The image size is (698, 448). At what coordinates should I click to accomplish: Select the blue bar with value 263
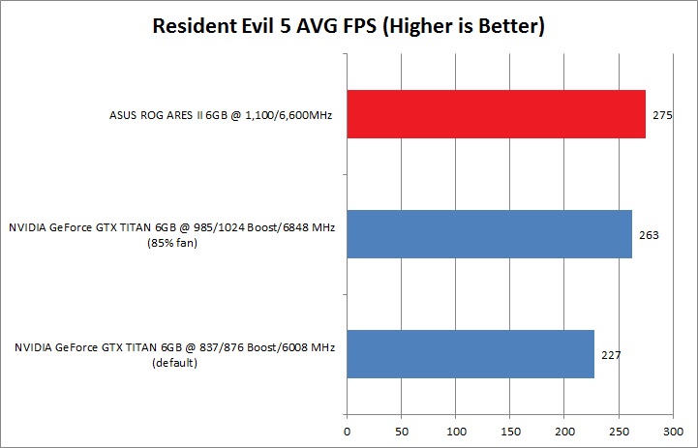click(489, 234)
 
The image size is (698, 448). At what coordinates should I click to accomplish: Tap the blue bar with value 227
click(470, 354)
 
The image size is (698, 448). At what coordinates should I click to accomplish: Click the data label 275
click(662, 114)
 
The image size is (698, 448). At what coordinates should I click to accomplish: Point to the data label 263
click(649, 234)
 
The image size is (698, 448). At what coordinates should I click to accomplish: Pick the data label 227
click(610, 354)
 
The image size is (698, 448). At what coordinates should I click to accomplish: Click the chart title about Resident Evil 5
click(349, 27)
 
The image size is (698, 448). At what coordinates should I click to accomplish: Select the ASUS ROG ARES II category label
click(222, 115)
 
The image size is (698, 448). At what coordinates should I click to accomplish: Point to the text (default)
click(174, 364)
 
